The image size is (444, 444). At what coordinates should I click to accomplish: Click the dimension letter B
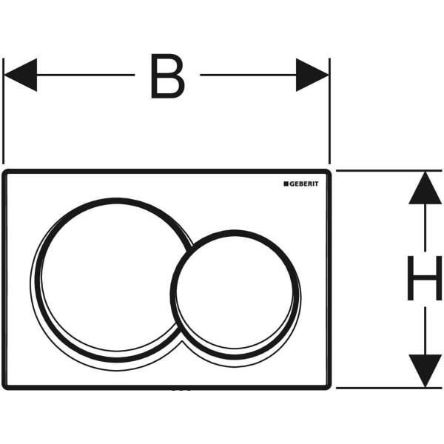(168, 76)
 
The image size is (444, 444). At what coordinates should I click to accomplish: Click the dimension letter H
(425, 277)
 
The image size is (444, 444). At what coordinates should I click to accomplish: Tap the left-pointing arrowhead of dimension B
(21, 75)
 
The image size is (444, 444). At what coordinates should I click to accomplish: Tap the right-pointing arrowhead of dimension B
(312, 75)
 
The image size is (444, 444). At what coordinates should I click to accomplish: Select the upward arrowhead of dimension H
(425, 188)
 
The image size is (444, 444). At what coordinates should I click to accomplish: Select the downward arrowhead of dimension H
(425, 371)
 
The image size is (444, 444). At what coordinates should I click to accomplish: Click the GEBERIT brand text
(303, 184)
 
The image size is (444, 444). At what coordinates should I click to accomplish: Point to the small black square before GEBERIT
(286, 184)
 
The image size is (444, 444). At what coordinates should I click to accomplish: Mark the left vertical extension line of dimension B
(3, 111)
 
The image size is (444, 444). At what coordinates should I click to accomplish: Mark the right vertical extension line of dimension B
(329, 111)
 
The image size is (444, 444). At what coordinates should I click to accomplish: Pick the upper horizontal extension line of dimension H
(388, 171)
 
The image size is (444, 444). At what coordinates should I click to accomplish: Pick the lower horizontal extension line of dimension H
(388, 388)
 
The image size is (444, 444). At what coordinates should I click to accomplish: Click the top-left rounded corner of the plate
(5, 172)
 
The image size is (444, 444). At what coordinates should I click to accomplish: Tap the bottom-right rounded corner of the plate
(328, 386)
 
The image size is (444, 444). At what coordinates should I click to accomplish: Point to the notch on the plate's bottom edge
(181, 389)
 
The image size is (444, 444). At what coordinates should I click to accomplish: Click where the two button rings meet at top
(190, 249)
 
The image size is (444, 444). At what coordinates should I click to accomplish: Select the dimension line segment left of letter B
(86, 75)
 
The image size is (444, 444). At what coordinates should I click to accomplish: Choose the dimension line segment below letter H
(425, 331)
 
